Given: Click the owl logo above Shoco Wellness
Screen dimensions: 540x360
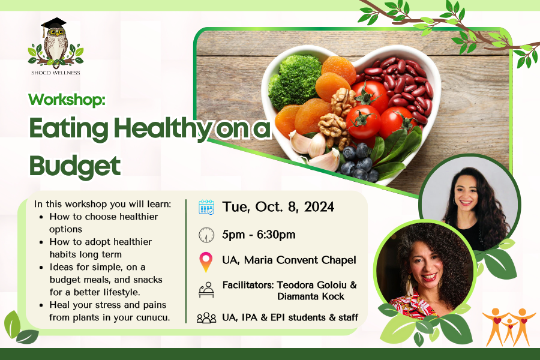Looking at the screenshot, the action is [x=55, y=43].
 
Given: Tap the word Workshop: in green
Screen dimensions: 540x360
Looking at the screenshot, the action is [x=67, y=100].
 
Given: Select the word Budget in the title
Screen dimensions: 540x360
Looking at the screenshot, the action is [x=75, y=166].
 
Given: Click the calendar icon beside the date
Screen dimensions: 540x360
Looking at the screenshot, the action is [x=206, y=207].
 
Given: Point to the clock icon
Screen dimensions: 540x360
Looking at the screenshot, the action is [x=206, y=235].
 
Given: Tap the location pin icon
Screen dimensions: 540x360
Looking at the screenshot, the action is [x=206, y=262].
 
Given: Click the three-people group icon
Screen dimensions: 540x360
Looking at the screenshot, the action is [x=206, y=317].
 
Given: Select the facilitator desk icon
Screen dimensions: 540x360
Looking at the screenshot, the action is [x=206, y=290].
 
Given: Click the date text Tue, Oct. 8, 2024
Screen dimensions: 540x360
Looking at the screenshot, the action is [x=278, y=207].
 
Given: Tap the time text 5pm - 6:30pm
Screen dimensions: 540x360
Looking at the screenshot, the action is [x=259, y=235].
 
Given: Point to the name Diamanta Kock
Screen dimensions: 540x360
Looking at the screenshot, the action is [x=311, y=296].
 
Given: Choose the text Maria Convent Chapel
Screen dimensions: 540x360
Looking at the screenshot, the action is [x=300, y=260].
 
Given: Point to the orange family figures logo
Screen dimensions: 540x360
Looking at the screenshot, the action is [x=509, y=326].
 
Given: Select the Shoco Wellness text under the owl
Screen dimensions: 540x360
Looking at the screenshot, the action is [x=55, y=73].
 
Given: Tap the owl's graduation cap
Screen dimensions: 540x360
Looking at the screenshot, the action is [x=53, y=24].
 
